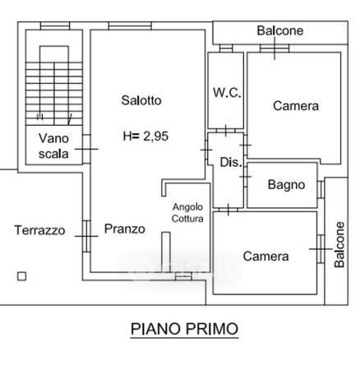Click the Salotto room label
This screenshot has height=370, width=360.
141,100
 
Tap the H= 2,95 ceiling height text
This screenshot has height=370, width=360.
145,136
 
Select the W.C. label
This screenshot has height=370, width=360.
227,93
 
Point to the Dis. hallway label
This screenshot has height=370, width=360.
231,162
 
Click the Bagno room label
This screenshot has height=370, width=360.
286,185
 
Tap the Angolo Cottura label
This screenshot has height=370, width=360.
187,213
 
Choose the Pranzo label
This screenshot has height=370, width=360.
125,229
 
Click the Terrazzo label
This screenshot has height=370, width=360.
40,230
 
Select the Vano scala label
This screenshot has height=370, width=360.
53,146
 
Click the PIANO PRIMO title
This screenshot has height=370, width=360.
184,329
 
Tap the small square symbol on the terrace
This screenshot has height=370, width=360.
22,276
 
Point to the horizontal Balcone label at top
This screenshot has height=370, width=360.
280,30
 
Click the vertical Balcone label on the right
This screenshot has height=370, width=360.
339,244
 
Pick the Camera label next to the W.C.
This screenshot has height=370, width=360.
296,106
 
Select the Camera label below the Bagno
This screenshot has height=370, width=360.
265,257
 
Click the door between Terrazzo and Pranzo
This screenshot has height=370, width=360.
86,236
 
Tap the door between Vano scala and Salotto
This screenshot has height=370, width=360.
86,149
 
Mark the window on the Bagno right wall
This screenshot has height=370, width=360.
321,189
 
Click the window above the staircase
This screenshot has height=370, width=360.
55,25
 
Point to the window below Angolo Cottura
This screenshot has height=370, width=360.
183,276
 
